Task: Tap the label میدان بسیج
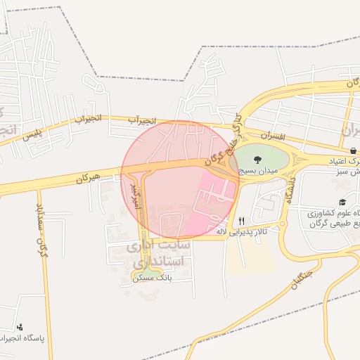(x=257, y=171)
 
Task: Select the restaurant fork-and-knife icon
(x=241, y=220)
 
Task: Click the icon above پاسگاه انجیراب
(x=20, y=327)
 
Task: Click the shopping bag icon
(x=352, y=150)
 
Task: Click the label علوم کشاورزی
(x=334, y=213)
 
